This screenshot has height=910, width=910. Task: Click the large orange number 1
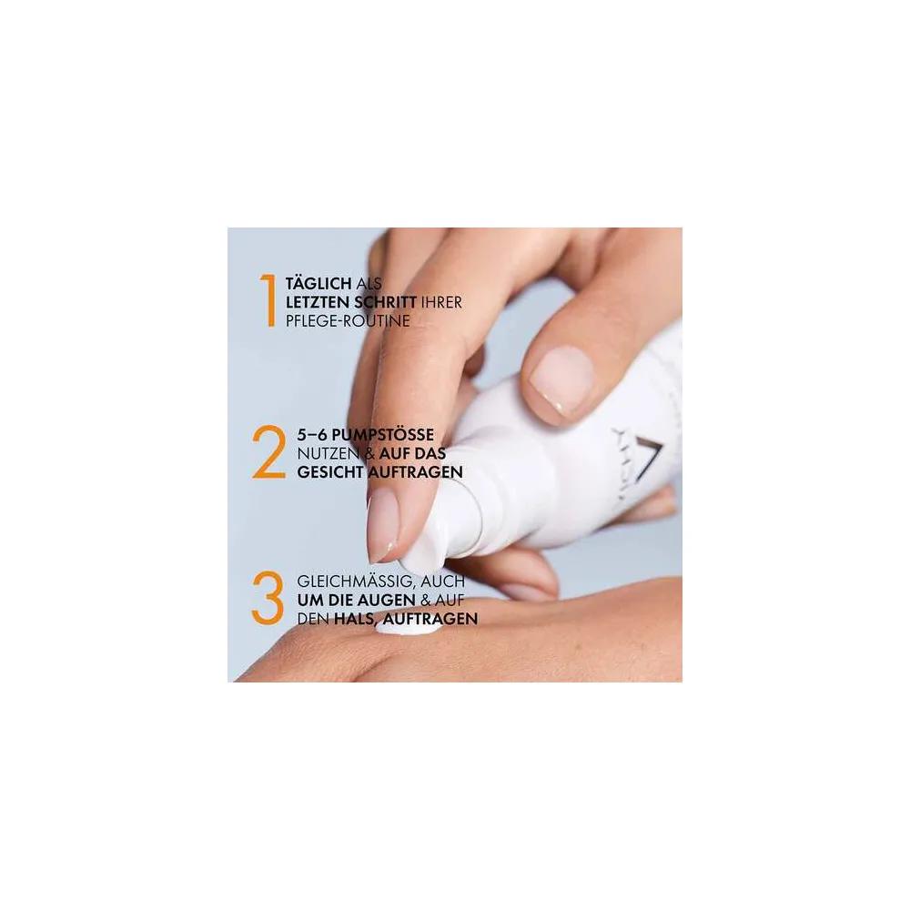click(268, 300)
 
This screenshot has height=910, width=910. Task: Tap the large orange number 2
click(268, 452)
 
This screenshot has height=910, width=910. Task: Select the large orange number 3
click(268, 600)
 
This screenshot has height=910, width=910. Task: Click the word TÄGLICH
click(318, 283)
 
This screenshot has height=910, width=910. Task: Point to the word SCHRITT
click(385, 302)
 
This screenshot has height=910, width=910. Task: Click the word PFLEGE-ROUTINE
click(348, 321)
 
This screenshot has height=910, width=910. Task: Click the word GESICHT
click(330, 471)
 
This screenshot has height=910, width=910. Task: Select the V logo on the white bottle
click(636, 457)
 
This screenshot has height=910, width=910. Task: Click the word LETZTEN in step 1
click(318, 302)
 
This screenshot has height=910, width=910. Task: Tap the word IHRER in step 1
click(441, 302)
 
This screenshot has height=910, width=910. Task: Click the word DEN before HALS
click(313, 619)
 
